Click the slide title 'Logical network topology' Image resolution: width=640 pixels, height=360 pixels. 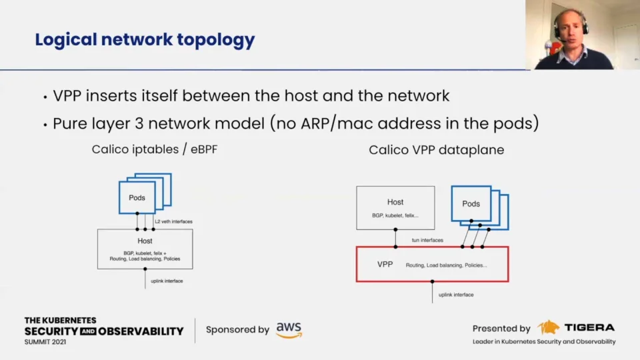coord(145,40)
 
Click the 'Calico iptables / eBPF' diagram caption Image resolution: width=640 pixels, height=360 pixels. coord(155,150)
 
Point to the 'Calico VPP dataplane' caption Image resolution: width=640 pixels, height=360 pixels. coord(437,150)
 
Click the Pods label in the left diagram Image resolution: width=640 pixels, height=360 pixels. coord(137,198)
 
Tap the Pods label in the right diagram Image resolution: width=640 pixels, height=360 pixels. coord(471,204)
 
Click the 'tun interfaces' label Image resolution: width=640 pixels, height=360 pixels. coord(426,240)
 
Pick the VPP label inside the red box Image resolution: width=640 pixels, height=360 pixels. coord(385,265)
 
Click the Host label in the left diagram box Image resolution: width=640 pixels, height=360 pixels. coord(145,241)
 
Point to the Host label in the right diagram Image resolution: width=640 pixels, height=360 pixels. coord(395,202)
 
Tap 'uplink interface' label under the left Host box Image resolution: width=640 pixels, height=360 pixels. coord(167,281)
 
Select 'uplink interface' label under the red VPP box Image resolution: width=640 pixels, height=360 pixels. coord(456,294)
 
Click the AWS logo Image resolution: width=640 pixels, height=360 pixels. coord(289,329)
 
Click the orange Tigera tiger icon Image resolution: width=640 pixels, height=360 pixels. coord(549,327)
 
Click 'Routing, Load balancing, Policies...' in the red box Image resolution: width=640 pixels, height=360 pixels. coord(446,265)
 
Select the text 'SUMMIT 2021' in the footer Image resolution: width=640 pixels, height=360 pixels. coord(45,341)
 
